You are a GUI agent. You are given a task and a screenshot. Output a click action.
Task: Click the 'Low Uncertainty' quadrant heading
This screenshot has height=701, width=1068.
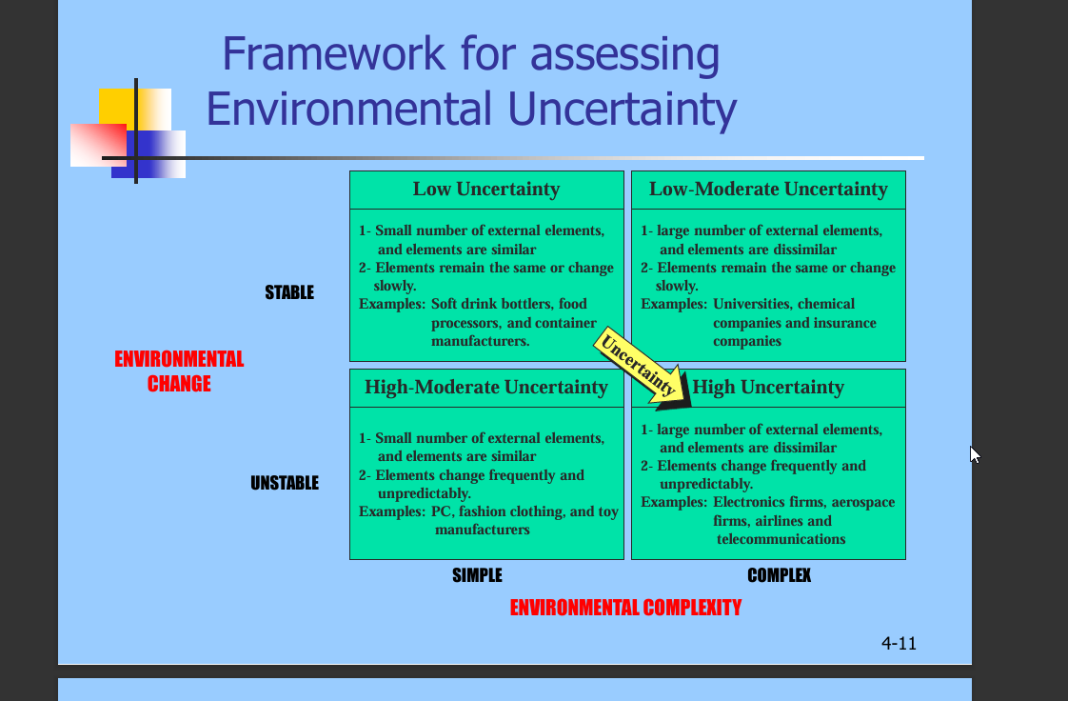486,189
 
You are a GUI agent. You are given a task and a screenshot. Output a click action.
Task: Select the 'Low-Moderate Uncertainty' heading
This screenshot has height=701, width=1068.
768,189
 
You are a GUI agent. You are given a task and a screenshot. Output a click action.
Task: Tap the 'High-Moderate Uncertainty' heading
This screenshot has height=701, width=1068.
486,387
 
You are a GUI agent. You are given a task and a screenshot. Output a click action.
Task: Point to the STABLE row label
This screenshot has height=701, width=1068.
289,292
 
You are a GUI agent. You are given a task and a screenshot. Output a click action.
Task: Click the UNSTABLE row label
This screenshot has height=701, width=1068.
285,483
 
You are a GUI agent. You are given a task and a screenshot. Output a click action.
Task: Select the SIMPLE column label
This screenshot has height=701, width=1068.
478,575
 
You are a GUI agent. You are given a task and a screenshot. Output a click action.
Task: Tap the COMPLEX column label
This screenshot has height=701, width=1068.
780,575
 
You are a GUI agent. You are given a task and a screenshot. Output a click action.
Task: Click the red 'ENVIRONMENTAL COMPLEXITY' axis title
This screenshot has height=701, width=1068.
626,608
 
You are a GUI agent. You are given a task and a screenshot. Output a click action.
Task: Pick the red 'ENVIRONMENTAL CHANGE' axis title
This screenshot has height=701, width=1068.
179,371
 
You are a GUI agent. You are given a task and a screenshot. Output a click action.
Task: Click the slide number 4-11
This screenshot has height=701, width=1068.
900,643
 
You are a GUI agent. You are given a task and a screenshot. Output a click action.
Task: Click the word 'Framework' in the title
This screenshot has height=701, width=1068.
334,54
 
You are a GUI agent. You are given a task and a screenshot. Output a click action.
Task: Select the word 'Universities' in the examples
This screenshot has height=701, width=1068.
750,304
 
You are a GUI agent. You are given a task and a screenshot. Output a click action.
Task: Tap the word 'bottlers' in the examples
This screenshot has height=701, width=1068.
528,304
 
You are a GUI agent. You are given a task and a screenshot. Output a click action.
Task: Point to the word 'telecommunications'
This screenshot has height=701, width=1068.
781,539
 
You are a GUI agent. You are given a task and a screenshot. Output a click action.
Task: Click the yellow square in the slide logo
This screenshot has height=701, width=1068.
135,109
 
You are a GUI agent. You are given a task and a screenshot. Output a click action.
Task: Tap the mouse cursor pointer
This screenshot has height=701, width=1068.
975,455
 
